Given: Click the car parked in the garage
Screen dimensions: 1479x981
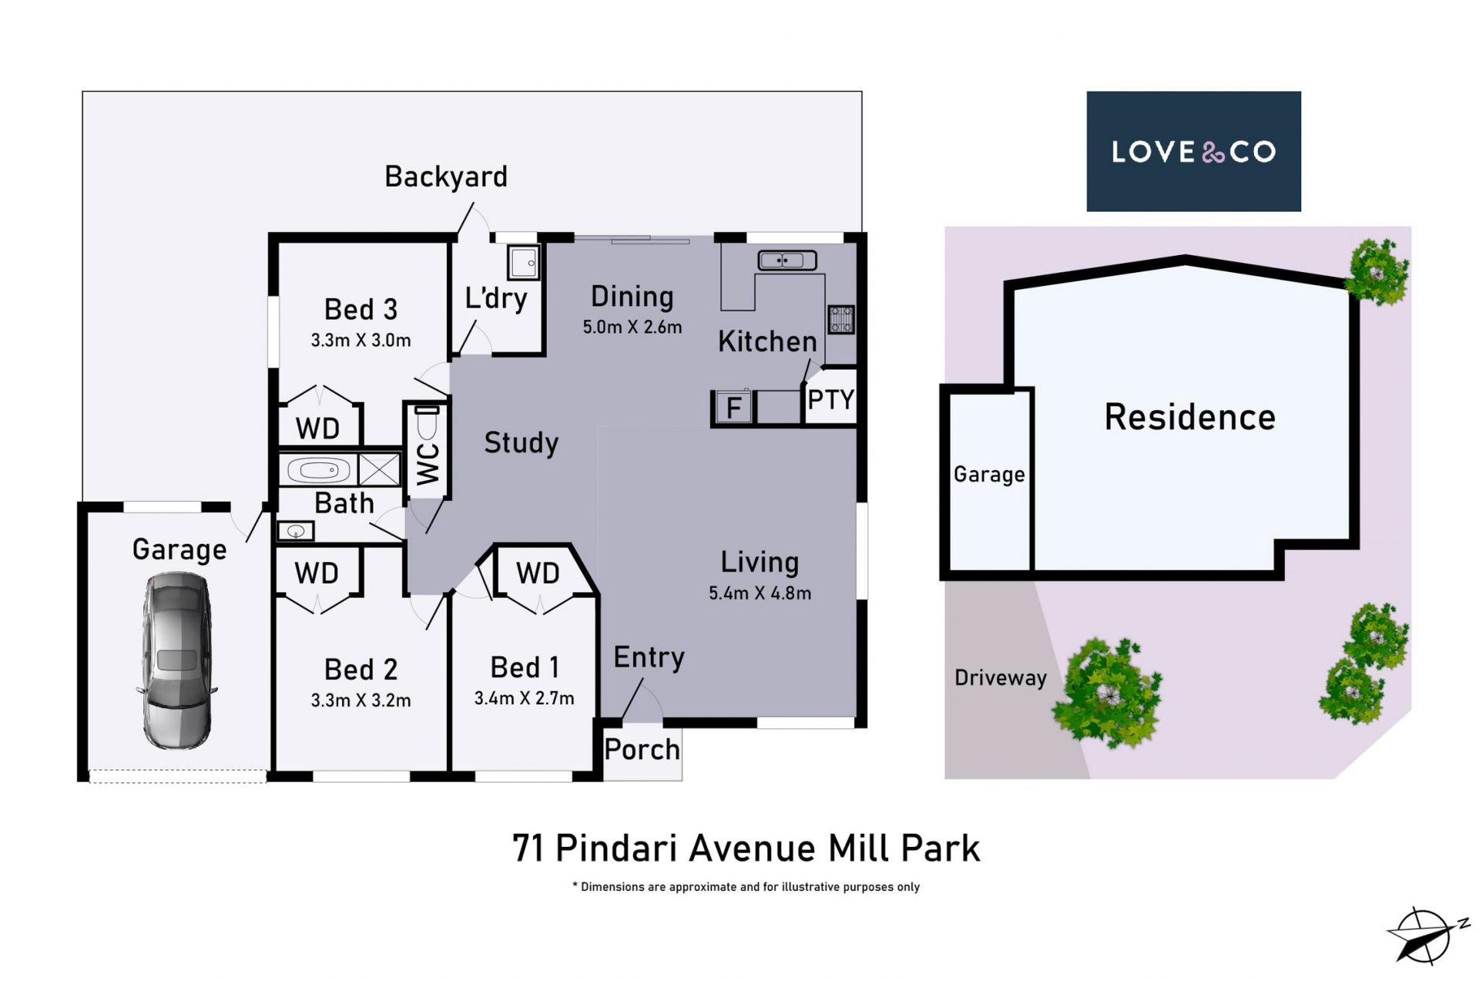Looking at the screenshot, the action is (x=176, y=660).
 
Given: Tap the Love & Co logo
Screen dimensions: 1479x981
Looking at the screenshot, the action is (x=1193, y=151).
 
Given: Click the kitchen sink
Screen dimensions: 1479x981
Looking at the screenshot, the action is (x=786, y=260).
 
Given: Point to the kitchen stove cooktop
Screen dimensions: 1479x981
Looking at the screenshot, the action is (x=840, y=319).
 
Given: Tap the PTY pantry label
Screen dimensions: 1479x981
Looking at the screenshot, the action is (x=830, y=400).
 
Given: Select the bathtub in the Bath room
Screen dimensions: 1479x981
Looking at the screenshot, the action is (x=318, y=469).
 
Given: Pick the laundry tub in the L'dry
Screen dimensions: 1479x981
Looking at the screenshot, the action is (x=523, y=263).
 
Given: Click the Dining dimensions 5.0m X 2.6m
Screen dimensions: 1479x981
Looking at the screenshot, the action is (x=632, y=327).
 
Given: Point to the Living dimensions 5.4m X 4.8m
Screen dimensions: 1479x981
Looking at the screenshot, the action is (x=760, y=593).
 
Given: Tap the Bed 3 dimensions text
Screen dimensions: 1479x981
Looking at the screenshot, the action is (x=361, y=340).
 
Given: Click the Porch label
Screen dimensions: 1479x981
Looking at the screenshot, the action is (x=642, y=749).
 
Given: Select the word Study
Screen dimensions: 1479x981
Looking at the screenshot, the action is (x=521, y=442).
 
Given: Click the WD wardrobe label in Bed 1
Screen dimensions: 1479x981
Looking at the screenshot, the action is (x=538, y=573).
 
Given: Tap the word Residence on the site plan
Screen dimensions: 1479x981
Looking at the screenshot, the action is (x=1189, y=417).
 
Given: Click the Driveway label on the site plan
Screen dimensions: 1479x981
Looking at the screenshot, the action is (x=1001, y=677).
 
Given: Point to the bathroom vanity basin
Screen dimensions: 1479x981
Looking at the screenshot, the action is (x=296, y=531).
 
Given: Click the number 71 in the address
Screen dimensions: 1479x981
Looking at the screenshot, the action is (x=529, y=848).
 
